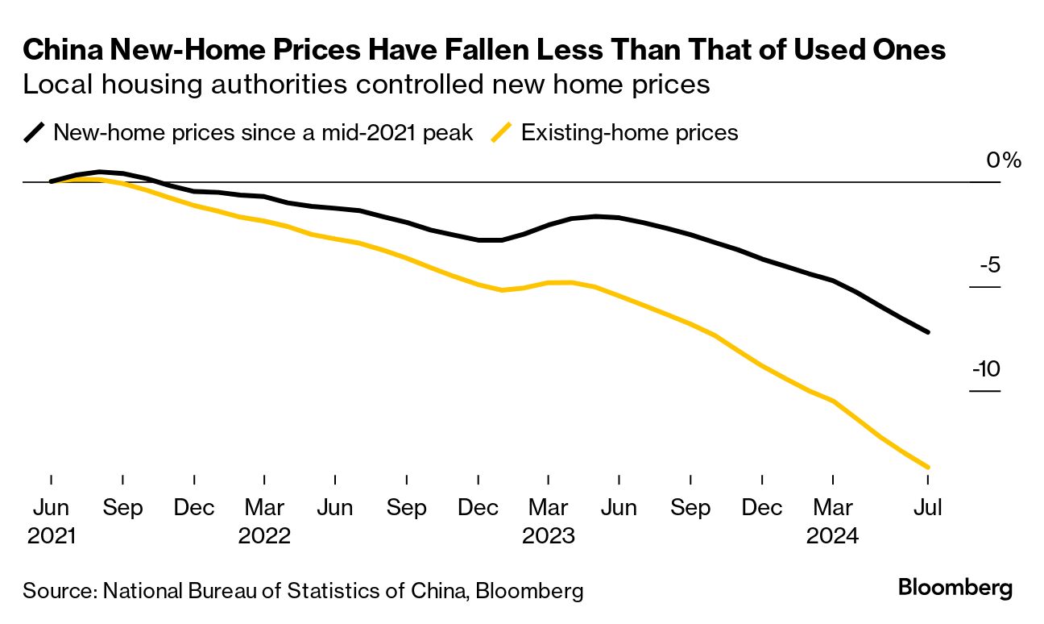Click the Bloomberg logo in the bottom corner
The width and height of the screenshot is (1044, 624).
(x=955, y=588)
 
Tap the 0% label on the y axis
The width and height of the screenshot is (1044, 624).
(x=1004, y=160)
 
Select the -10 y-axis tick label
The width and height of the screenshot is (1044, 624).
(x=986, y=370)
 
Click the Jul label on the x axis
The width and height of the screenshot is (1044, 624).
(x=927, y=508)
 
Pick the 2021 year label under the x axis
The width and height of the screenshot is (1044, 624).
(x=51, y=535)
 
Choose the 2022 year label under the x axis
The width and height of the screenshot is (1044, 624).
(x=264, y=535)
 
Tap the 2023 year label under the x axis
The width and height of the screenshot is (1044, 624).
(x=548, y=535)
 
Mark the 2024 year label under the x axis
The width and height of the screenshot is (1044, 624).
(x=832, y=535)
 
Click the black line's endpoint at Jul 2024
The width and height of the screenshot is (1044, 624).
(x=929, y=331)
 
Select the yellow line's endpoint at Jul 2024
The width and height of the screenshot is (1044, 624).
(x=929, y=467)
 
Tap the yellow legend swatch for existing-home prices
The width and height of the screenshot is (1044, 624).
(x=502, y=132)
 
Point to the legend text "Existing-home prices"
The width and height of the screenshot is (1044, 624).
(x=629, y=132)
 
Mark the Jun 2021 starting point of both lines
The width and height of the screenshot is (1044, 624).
(x=51, y=181)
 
